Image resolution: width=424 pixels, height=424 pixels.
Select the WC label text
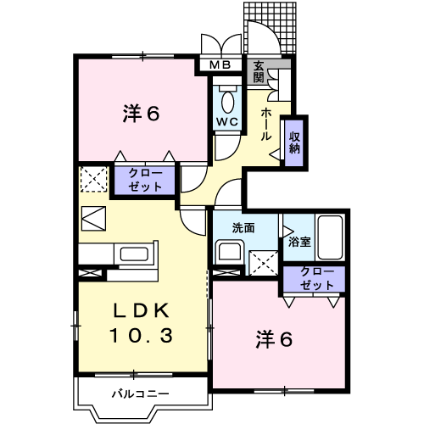226,121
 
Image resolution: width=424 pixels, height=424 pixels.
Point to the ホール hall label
266,123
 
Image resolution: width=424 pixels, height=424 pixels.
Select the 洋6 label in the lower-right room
275,339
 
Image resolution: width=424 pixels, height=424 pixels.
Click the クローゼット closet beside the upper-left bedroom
145,179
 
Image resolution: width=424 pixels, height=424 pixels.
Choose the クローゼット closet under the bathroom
316,278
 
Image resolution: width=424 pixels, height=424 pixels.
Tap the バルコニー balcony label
141,393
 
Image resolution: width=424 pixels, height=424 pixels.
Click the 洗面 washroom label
246,227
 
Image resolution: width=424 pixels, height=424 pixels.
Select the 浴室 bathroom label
299,241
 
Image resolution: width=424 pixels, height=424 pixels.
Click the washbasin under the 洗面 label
229,252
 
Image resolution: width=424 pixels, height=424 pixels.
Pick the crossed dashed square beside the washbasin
262,263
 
